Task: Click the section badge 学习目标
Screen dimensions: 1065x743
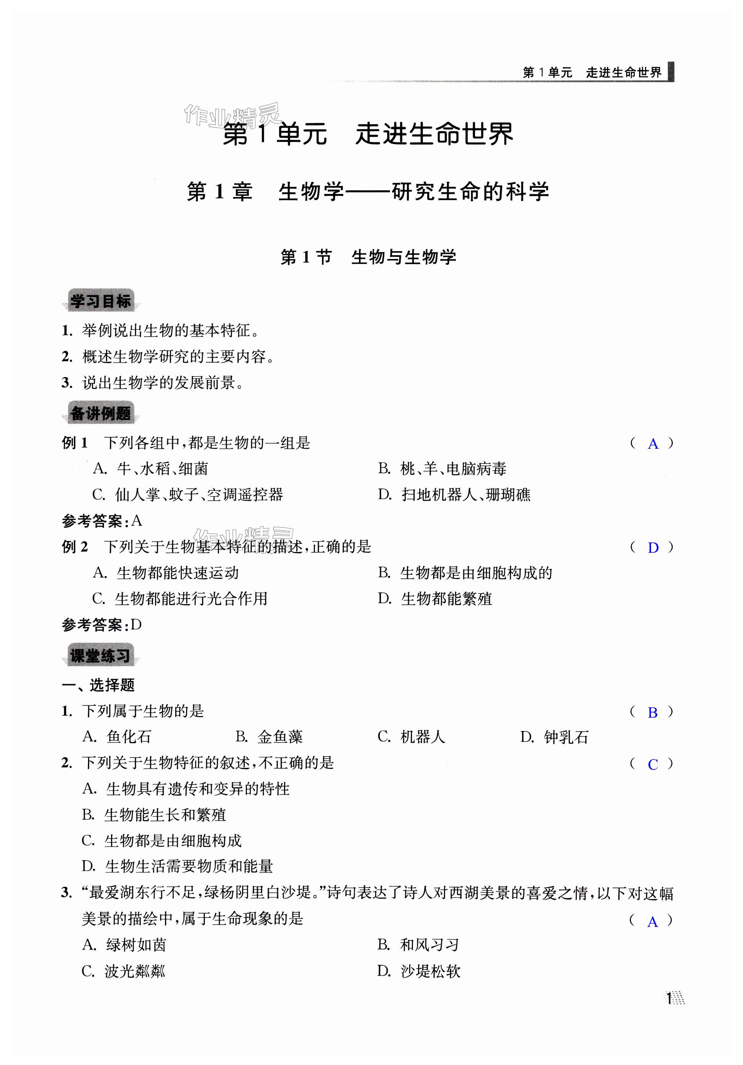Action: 101,301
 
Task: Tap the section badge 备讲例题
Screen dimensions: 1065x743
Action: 101,413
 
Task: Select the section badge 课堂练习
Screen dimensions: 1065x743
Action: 100,655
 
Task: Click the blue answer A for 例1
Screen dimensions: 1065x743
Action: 653,444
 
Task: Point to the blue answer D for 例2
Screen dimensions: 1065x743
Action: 653,548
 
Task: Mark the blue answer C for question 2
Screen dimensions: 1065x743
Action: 653,764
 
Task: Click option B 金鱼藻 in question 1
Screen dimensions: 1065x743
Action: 269,737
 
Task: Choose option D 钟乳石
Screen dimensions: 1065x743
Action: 554,737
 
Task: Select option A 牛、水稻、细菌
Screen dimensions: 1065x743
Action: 150,469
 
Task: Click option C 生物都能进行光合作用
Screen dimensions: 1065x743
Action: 180,599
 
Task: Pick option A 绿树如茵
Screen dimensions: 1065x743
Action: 124,945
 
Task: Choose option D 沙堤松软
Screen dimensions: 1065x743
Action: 419,971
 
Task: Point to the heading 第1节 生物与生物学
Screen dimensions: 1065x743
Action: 368,257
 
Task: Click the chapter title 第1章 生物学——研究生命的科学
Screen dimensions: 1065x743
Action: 367,192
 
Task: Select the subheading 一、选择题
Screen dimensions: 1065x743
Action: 98,685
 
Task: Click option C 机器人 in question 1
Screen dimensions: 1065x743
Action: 411,737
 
